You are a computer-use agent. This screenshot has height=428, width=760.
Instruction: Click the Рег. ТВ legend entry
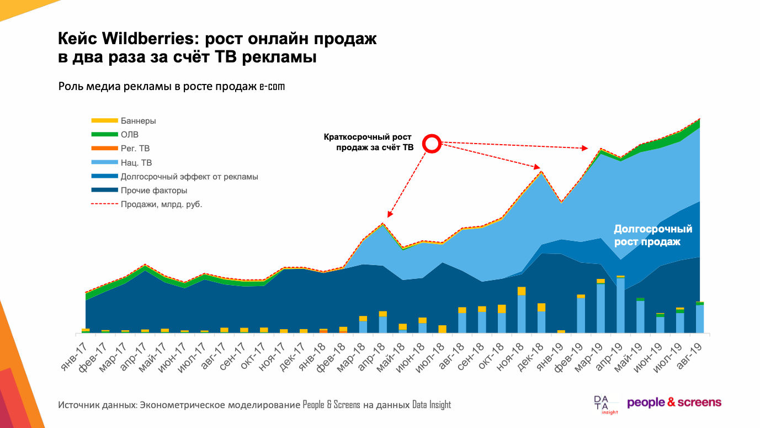tap(135, 149)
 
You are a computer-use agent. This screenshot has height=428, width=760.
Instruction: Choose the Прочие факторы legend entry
tap(154, 191)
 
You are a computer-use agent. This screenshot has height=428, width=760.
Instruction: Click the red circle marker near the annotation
tap(432, 144)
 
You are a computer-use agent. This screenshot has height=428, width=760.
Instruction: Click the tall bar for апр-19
tap(620, 305)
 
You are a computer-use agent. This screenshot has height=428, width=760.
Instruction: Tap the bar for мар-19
tap(600, 307)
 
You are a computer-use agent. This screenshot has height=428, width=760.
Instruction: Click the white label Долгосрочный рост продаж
tap(652, 235)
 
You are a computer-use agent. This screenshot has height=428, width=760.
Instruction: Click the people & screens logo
tap(674, 402)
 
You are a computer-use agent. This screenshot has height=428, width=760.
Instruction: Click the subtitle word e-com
tap(272, 87)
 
